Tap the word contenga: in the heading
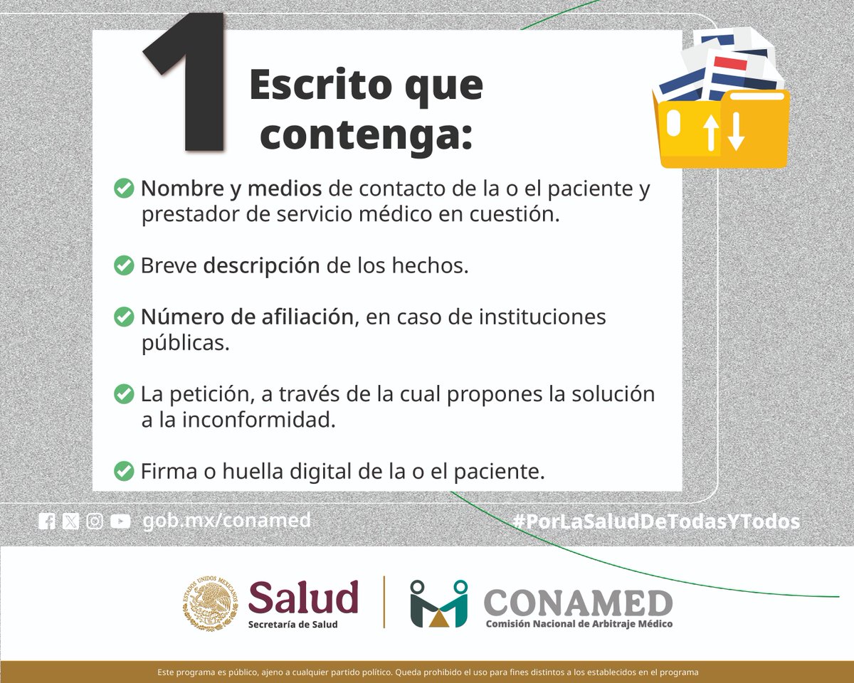pos(366,135)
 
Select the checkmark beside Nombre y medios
pos(124,189)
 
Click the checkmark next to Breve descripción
pos(124,265)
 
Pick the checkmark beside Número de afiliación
pos(124,317)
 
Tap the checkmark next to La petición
pos(124,393)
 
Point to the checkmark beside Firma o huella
pos(124,470)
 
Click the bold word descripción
pos(261,265)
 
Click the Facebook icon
pos(47,521)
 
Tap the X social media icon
pos(70,521)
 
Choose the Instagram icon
pos(95,521)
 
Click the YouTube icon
pos(120,521)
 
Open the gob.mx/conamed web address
pos(226,521)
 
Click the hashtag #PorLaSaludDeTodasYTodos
pos(656,521)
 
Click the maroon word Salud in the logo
pos(303,596)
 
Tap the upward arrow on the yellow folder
pos(711,132)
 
